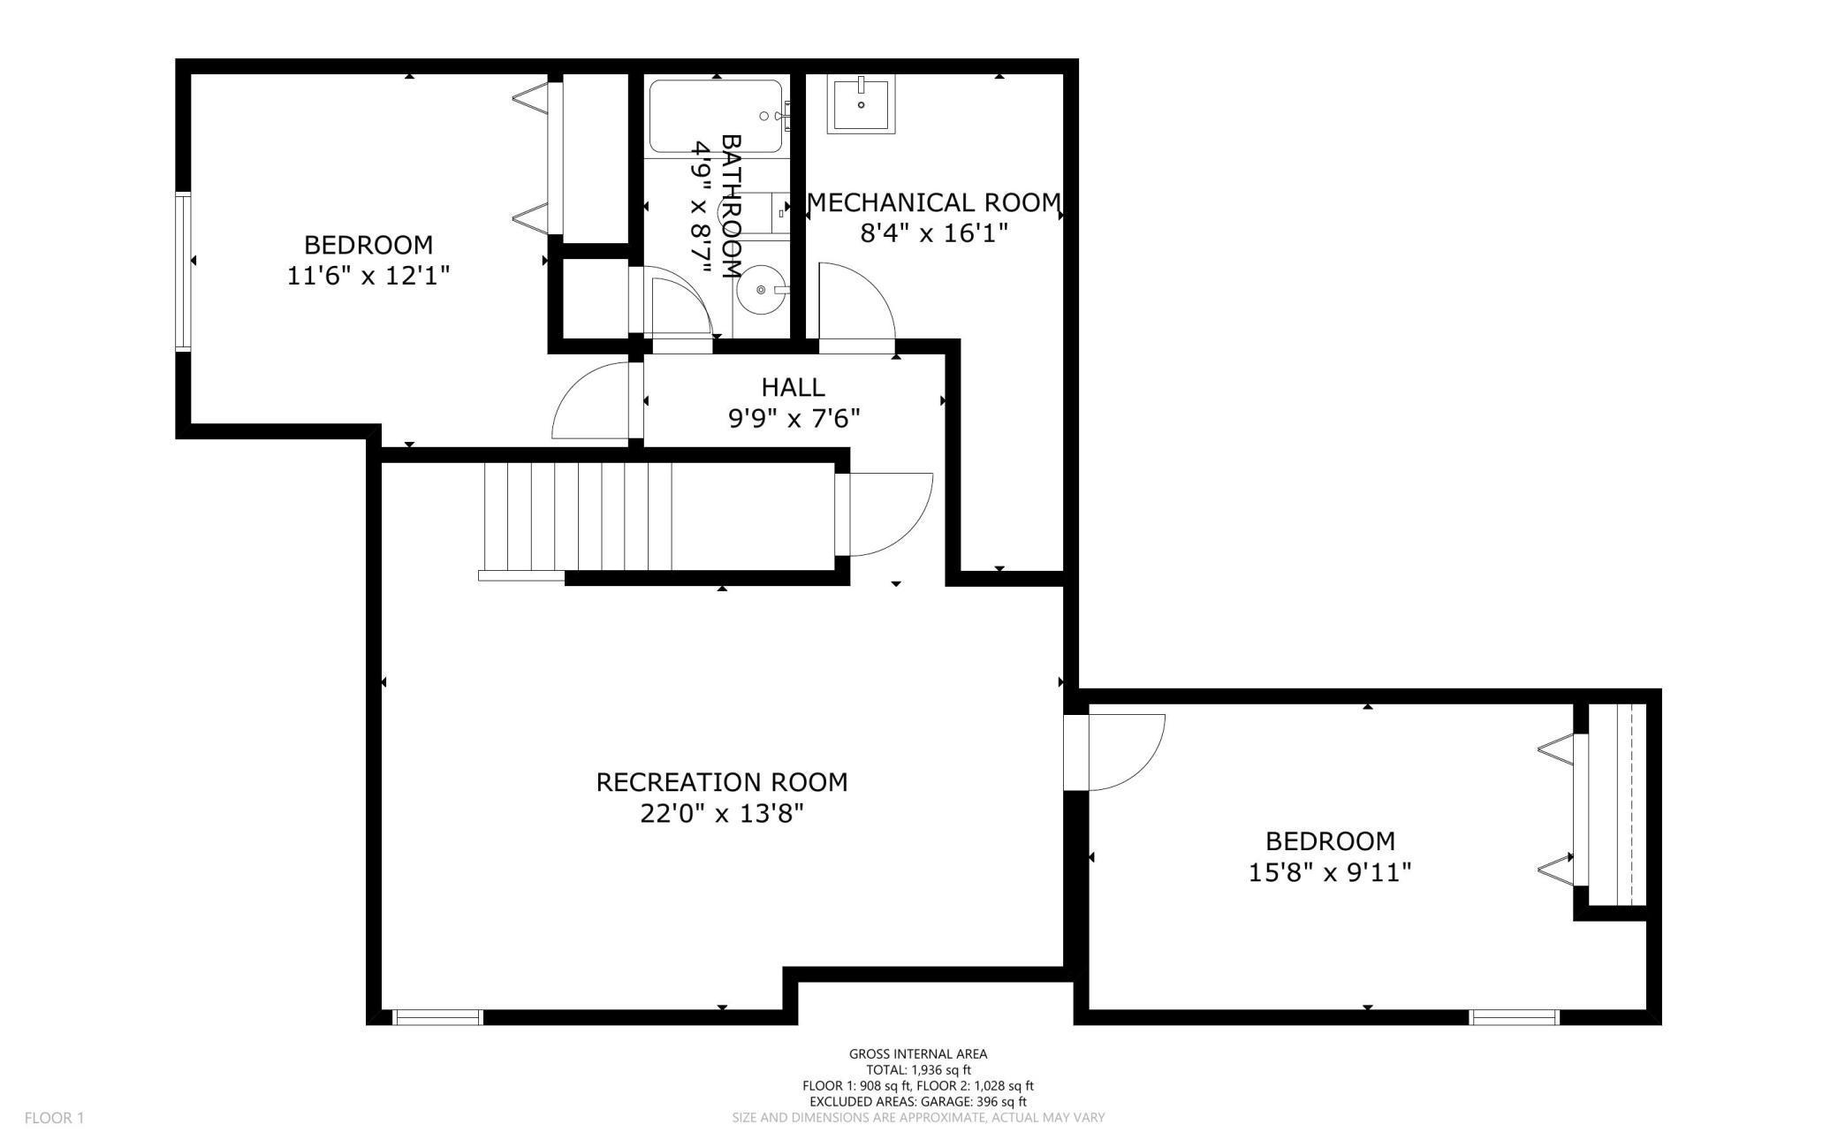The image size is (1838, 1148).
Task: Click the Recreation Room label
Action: pos(722,782)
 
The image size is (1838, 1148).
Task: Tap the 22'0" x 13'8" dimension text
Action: pos(722,813)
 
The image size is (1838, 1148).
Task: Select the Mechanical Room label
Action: pos(934,203)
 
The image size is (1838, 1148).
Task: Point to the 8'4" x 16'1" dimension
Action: pos(934,233)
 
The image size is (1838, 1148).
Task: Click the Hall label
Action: pos(794,387)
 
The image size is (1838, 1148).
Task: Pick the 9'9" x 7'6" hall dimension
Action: pos(794,418)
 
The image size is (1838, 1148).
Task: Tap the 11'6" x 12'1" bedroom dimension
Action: pos(368,276)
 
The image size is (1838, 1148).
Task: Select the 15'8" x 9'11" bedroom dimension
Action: pos(1330,872)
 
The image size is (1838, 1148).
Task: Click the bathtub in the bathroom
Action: pos(716,117)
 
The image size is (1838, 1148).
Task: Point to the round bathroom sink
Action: pos(761,290)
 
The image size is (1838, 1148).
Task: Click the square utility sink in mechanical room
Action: pos(861,104)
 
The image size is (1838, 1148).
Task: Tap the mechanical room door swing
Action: pos(856,300)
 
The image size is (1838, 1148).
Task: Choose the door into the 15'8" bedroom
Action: pos(1116,752)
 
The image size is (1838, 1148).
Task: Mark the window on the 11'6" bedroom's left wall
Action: pos(183,271)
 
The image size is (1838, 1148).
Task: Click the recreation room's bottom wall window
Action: pos(437,1017)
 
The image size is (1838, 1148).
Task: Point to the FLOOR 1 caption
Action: pos(54,1118)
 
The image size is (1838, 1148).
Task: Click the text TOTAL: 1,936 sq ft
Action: pos(918,1069)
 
